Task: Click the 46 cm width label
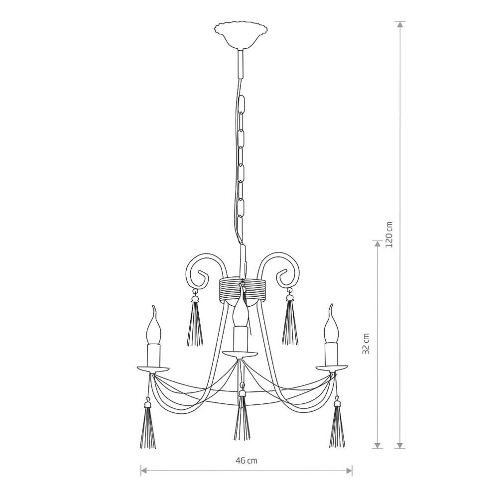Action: click(x=247, y=460)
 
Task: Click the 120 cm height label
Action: click(x=389, y=235)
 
